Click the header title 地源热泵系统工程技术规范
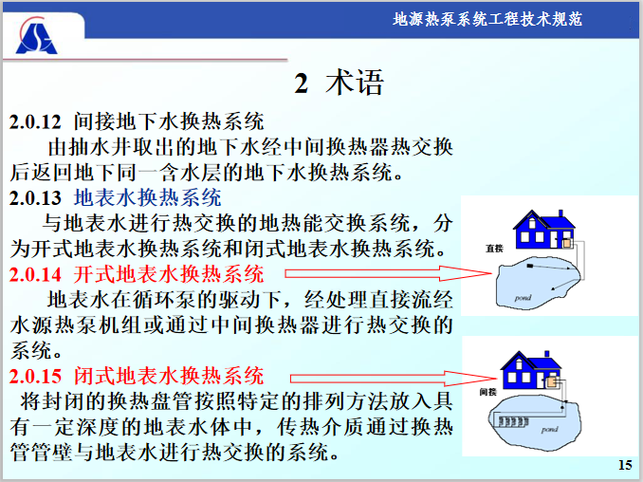pos(487,19)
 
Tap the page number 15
pos(624,464)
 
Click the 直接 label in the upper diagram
pos(493,248)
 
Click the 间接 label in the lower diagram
pos(488,390)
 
